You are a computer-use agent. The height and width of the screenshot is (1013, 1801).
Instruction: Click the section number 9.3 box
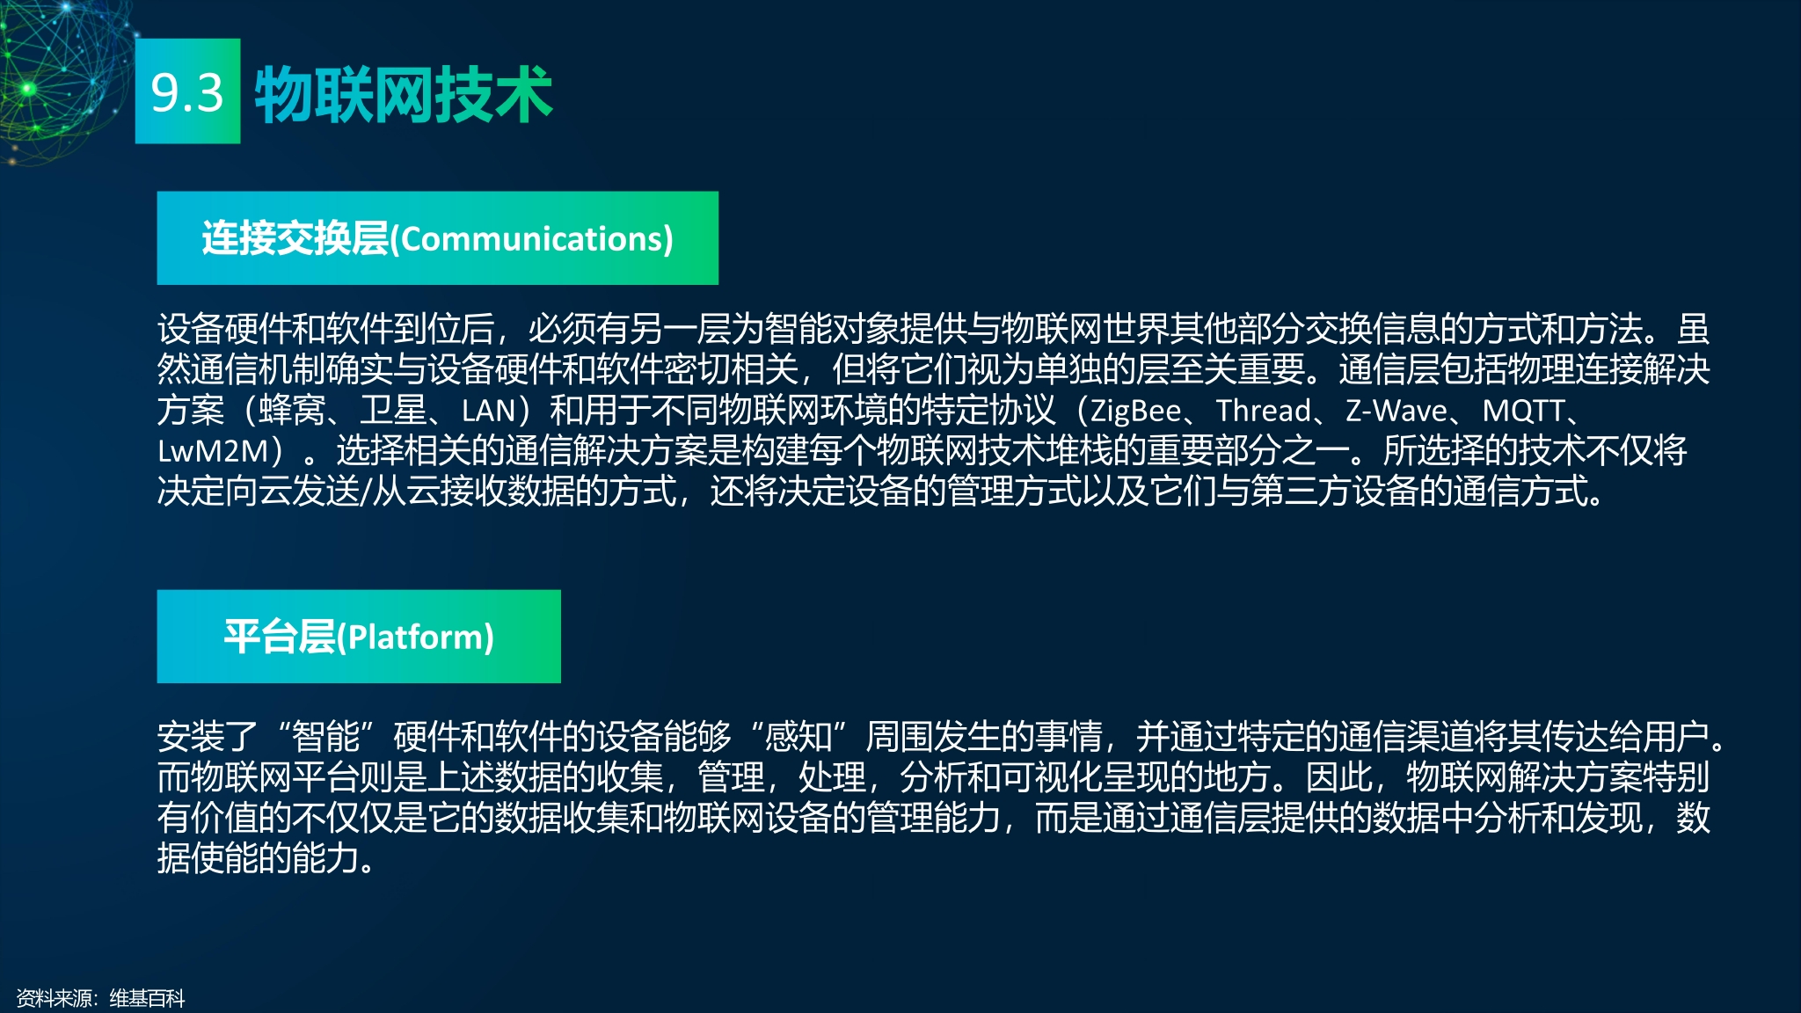point(187,91)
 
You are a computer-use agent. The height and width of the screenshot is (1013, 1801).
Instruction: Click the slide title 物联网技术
point(404,94)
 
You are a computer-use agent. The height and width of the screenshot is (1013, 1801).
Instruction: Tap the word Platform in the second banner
point(416,638)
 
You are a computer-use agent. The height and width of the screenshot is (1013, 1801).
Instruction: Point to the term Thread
point(1263,411)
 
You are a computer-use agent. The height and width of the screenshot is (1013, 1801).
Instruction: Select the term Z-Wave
point(1396,411)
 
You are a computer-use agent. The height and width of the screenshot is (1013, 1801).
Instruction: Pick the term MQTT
point(1523,411)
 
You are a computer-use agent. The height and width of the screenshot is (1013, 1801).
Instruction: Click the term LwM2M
point(213,451)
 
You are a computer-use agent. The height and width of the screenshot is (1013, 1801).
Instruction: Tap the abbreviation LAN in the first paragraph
point(488,411)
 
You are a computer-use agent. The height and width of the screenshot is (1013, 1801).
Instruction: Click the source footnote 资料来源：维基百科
point(100,998)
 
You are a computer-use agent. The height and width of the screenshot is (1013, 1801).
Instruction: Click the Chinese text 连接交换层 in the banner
point(295,239)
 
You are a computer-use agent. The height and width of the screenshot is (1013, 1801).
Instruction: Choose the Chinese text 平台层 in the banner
point(280,638)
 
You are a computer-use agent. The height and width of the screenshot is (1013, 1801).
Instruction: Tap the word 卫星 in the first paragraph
point(393,411)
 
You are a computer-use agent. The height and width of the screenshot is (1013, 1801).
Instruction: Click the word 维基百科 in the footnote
point(147,998)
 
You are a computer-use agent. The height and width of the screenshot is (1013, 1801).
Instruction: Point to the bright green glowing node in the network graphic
point(27,88)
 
